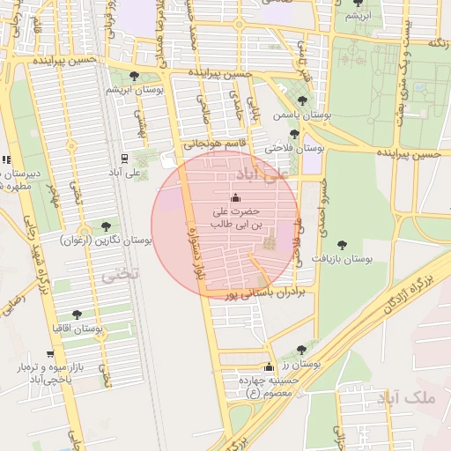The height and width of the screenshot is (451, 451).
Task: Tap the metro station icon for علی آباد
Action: (x=124, y=159)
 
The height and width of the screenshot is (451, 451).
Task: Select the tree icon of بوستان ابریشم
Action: (x=133, y=77)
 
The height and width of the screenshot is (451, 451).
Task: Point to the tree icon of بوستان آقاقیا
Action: (x=77, y=314)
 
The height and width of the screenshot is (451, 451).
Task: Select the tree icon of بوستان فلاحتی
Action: (x=294, y=135)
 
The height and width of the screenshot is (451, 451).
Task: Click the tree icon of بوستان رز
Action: (x=301, y=350)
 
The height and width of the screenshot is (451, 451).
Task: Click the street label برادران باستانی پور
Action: (x=264, y=293)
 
